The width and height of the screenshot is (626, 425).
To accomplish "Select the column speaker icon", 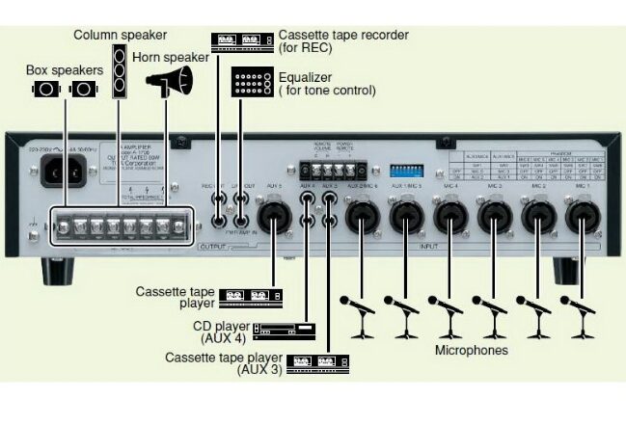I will [119, 70].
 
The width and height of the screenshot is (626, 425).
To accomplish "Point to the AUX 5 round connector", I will [273, 219].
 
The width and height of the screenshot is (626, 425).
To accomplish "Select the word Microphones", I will [471, 351].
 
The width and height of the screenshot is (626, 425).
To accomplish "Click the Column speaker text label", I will [120, 35].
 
